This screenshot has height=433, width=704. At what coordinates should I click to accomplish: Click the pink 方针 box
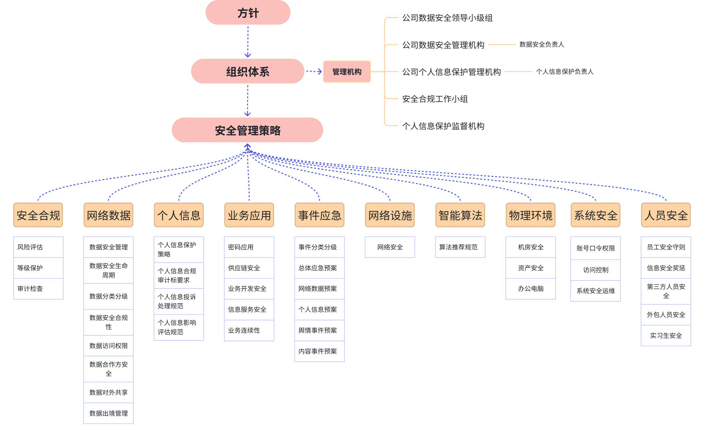point(248,12)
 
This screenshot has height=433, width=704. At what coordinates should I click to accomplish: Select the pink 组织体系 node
point(248,71)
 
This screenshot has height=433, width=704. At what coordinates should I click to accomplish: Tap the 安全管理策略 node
point(248,130)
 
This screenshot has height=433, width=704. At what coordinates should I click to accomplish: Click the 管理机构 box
point(347,72)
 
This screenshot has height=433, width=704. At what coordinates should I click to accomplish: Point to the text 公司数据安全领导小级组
point(447,18)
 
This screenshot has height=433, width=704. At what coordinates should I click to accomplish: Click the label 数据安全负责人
point(542,45)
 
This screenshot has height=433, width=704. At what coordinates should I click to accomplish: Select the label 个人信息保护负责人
point(565,72)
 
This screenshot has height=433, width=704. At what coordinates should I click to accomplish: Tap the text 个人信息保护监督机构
point(444,126)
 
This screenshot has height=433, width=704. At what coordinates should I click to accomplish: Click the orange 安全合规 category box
point(38,215)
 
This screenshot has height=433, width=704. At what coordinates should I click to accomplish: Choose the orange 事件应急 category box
point(320,215)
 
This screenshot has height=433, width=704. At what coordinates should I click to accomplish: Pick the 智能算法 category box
point(460,215)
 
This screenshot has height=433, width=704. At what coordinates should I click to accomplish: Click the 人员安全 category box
point(666,215)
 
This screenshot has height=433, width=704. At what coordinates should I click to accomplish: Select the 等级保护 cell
point(38,268)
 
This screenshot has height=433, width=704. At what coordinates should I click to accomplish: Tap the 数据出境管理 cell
point(109,413)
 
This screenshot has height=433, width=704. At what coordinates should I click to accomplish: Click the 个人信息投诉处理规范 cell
point(179,301)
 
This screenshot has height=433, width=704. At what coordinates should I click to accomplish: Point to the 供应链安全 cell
point(249,268)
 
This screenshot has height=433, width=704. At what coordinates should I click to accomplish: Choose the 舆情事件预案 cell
point(320,331)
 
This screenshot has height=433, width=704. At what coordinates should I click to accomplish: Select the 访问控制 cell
point(596,270)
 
